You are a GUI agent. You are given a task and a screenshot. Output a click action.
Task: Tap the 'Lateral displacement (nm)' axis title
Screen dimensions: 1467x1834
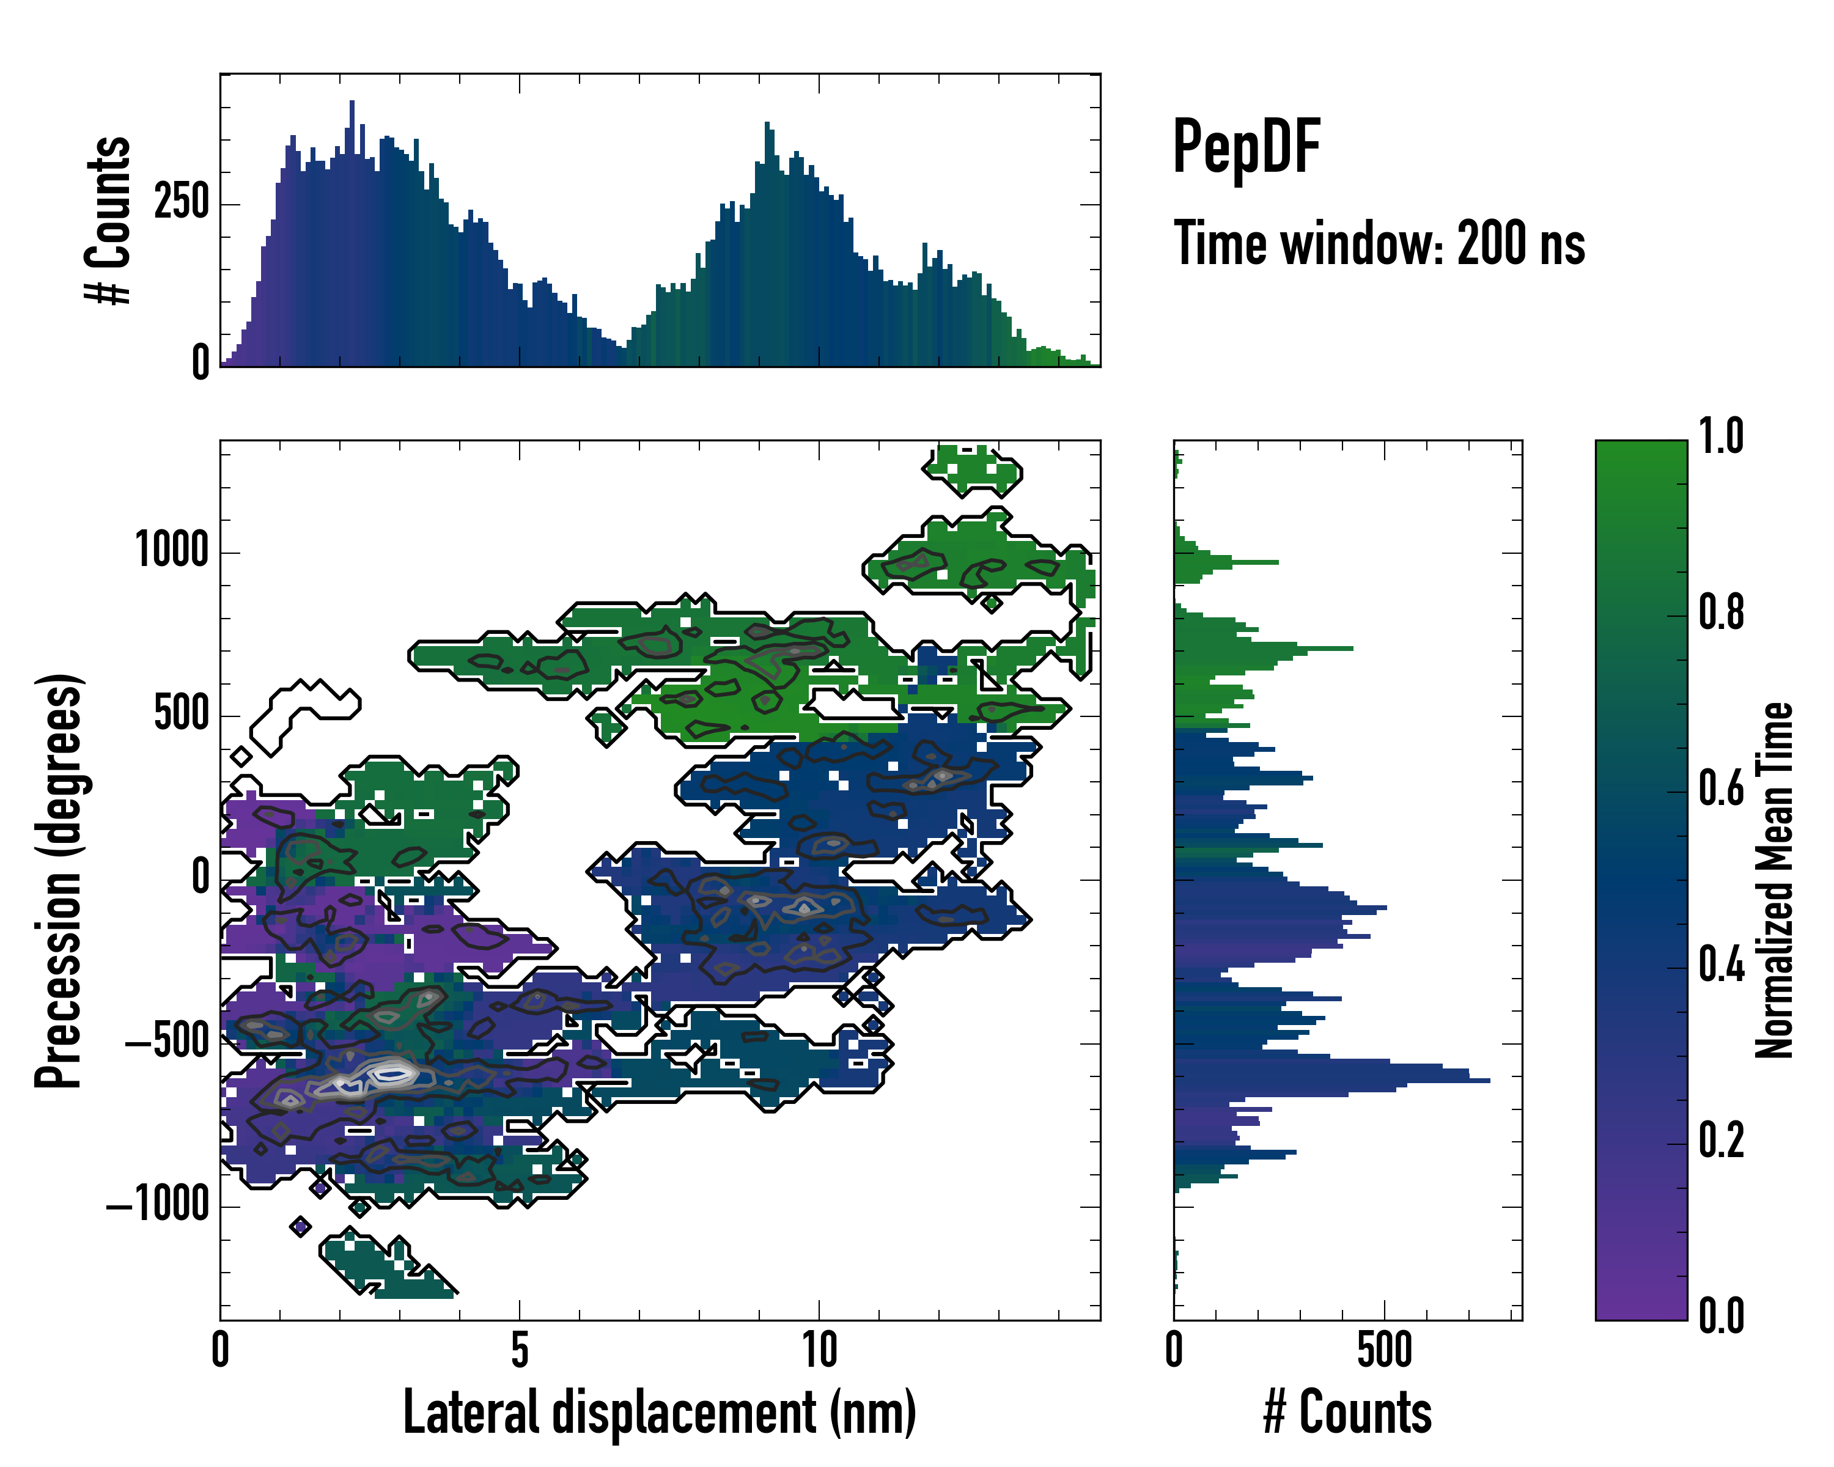(659, 1413)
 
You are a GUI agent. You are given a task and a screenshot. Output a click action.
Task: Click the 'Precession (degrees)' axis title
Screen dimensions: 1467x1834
(59, 880)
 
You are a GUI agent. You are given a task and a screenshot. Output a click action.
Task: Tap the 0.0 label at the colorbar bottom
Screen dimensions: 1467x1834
(1721, 1315)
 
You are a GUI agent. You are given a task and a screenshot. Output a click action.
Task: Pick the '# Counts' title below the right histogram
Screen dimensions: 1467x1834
(1347, 1413)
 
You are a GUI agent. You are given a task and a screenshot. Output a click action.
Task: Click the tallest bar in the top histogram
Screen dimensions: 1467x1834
(352, 234)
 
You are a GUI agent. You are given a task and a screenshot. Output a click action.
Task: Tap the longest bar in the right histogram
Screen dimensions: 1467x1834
(1331, 1080)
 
